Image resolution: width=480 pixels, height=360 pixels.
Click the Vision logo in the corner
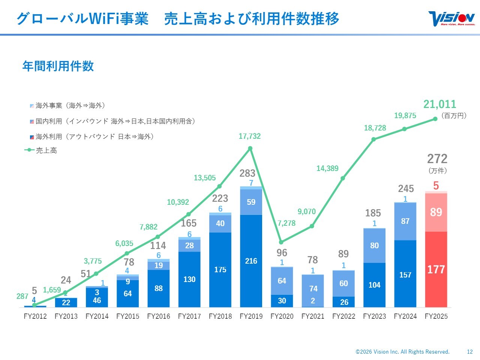tap(451, 19)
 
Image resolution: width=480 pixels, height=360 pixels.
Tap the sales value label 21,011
tap(439, 104)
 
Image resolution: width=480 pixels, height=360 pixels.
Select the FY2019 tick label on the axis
tap(251, 316)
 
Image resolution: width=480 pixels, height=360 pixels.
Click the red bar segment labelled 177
tap(436, 269)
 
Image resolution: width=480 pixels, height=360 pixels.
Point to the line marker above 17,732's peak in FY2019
tap(250, 148)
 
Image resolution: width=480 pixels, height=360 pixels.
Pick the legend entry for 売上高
tap(41, 150)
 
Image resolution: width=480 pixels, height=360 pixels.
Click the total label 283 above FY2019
tap(247, 173)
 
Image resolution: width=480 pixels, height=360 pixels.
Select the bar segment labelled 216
tap(251, 261)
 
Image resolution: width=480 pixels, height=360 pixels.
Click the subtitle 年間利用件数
tap(58, 66)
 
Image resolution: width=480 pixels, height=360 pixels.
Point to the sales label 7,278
tap(286, 223)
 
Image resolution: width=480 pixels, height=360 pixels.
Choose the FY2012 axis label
tap(35, 316)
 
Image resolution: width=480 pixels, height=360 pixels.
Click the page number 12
tap(470, 352)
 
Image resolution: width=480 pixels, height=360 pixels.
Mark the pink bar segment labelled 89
tap(436, 212)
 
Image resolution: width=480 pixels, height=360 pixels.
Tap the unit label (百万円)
tap(454, 115)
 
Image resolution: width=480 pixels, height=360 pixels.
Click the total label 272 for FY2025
tap(437, 159)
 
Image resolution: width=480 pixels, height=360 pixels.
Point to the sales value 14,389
tap(327, 168)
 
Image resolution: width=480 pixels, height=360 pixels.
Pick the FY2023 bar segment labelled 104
tap(374, 285)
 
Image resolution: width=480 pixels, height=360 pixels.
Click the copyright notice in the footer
tap(402, 352)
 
